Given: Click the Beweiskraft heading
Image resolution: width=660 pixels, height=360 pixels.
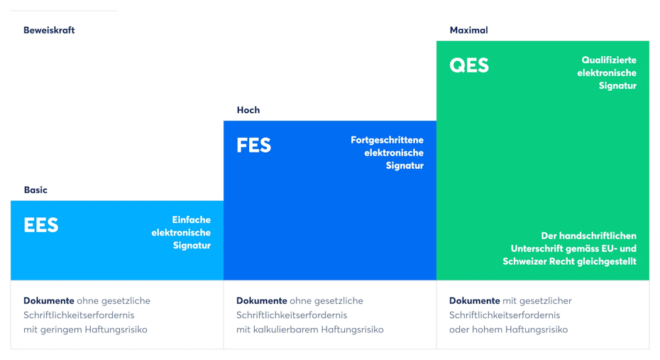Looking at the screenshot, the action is [x=49, y=31].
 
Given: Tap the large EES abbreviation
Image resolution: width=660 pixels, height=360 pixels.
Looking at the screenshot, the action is [x=41, y=225].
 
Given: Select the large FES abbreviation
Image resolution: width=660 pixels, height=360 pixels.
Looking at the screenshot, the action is [x=254, y=146].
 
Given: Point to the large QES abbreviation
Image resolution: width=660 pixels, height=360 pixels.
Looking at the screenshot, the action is [x=469, y=65].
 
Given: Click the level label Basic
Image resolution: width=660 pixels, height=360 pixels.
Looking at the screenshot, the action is [x=35, y=190].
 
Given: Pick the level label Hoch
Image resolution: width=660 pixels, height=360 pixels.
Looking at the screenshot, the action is [x=248, y=110].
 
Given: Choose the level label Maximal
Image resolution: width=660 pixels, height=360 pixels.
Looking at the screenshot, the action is [x=469, y=31].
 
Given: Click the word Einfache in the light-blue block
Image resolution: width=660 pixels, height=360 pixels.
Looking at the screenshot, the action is [x=192, y=220].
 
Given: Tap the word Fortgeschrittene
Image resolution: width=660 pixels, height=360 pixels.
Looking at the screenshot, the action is [x=387, y=140].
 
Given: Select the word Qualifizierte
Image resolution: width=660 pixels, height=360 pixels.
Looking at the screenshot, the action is [x=609, y=60].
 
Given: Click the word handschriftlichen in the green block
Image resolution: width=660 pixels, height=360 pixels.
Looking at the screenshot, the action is [x=600, y=236].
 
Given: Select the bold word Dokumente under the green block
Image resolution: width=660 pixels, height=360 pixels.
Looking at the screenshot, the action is [x=474, y=300].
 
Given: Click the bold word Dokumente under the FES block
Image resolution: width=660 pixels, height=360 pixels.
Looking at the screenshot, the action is [x=261, y=300].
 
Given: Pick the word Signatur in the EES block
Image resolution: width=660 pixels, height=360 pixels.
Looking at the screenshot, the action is [x=192, y=246].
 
